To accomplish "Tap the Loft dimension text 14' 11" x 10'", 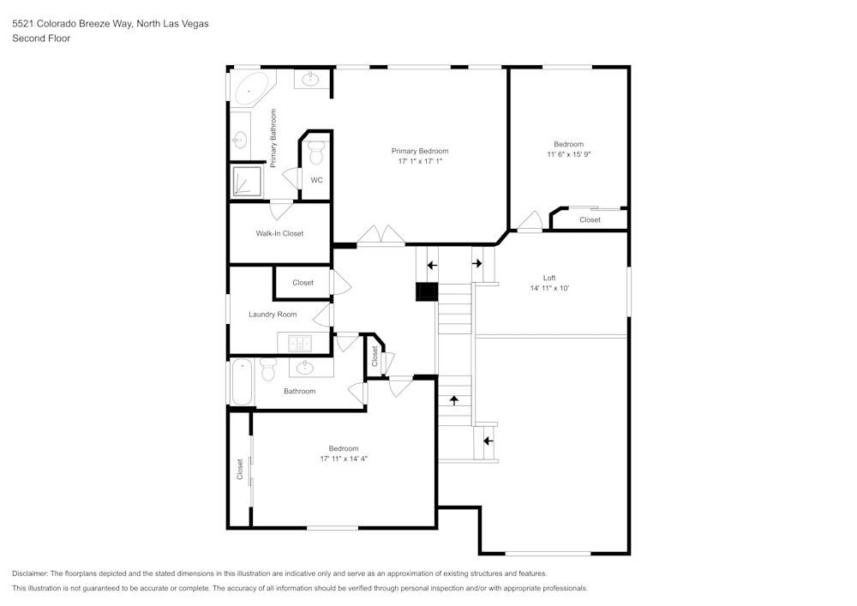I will (x=549, y=289).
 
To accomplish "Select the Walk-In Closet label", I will (x=279, y=233).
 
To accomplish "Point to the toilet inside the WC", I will (x=316, y=153).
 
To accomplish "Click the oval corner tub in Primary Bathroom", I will (x=250, y=88).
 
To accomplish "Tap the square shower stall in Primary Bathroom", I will (x=247, y=182).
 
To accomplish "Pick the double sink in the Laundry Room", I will (x=300, y=344).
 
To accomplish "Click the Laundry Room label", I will (x=273, y=315).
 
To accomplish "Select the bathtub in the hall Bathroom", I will (x=242, y=382).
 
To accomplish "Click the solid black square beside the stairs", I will (x=427, y=292).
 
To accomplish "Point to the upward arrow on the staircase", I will (x=454, y=399).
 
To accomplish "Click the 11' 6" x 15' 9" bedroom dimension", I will (x=569, y=154).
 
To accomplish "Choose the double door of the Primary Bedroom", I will (x=381, y=237).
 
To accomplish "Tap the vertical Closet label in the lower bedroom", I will (x=240, y=468).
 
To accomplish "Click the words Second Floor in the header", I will (x=41, y=39).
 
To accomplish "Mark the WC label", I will (x=316, y=180).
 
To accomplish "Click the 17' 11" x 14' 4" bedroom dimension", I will (x=344, y=459).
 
